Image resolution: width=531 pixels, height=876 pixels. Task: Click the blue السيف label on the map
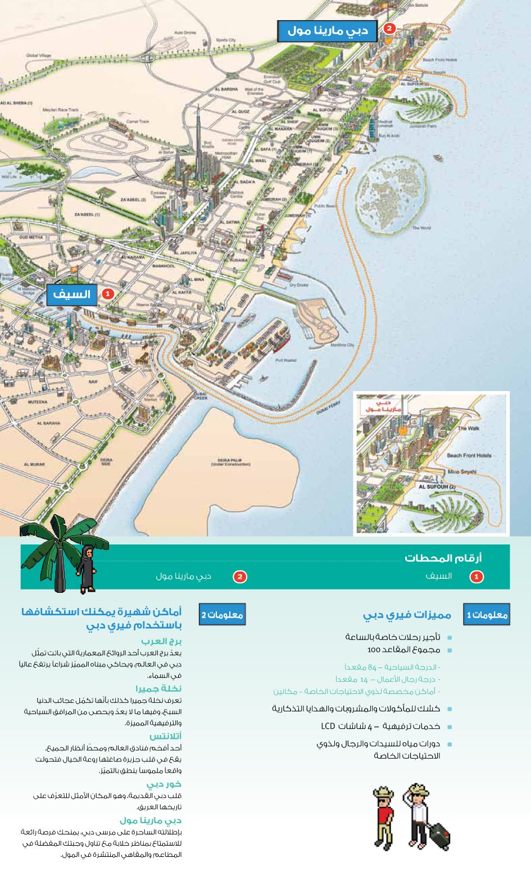click(71, 294)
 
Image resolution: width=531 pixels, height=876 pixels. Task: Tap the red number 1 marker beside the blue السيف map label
click(108, 294)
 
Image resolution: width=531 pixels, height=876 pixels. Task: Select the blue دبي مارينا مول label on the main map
click(328, 30)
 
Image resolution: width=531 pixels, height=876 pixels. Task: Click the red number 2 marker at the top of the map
click(389, 28)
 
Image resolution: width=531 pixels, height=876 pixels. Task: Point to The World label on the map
click(421, 228)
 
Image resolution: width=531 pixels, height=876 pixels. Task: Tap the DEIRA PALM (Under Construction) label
click(230, 462)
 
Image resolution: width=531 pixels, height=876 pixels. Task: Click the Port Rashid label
click(286, 360)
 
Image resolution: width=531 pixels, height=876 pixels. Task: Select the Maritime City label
click(342, 345)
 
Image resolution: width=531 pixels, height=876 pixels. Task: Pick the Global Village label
click(38, 56)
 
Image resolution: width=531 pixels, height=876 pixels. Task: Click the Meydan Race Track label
click(61, 110)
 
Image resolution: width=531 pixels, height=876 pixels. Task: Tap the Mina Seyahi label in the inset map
click(462, 472)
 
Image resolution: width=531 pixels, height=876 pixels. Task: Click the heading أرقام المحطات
click(443, 558)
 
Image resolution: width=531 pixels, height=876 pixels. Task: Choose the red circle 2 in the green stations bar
click(240, 577)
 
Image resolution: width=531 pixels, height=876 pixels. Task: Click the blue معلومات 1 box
click(487, 615)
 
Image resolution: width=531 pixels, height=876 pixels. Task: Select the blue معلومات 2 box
click(222, 615)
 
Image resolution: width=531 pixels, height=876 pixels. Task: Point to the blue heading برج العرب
click(161, 641)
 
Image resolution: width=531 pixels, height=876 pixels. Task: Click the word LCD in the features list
click(328, 726)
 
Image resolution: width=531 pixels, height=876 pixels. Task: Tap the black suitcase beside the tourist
click(439, 836)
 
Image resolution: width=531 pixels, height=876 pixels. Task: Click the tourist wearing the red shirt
click(384, 815)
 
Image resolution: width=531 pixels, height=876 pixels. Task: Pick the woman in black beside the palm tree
click(87, 570)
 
